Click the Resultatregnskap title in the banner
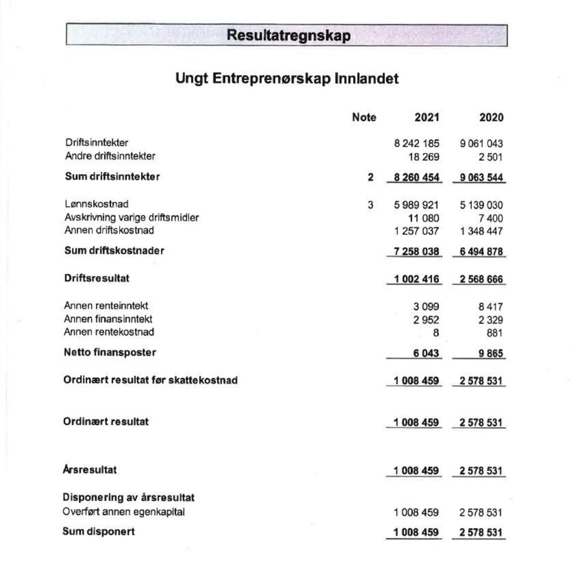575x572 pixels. (x=288, y=36)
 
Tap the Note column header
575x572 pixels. (x=364, y=117)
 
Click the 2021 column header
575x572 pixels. (x=427, y=117)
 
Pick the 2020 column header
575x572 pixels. (x=491, y=117)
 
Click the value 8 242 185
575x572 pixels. (x=416, y=144)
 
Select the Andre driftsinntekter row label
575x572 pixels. (x=110, y=156)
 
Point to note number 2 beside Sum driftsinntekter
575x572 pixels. (x=371, y=177)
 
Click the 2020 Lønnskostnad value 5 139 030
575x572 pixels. (x=481, y=205)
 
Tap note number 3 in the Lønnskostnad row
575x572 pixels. (x=371, y=205)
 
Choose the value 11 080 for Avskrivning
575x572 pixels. (x=423, y=218)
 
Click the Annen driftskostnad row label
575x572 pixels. (x=109, y=231)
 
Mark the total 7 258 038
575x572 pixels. (x=416, y=251)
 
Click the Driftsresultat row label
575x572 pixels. (x=97, y=278)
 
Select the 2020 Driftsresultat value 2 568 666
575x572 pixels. (x=481, y=279)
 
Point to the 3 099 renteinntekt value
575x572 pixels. (x=426, y=307)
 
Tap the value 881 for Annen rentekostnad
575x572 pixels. (x=494, y=333)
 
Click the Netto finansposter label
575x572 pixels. (x=110, y=352)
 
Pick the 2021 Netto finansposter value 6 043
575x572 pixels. (x=426, y=353)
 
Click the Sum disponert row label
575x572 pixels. (x=99, y=531)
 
